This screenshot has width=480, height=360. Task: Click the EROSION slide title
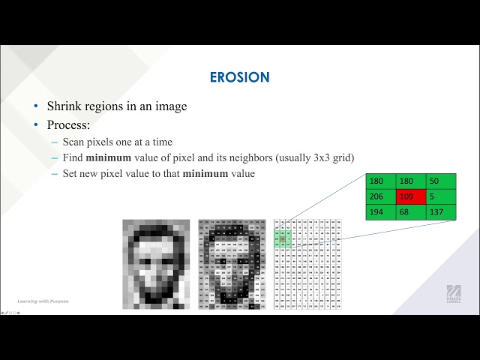(240, 77)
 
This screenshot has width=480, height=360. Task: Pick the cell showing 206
(381, 196)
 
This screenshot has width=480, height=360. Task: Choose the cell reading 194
(381, 212)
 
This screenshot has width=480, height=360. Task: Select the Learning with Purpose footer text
(43, 301)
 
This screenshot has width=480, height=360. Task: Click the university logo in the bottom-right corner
(454, 294)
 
